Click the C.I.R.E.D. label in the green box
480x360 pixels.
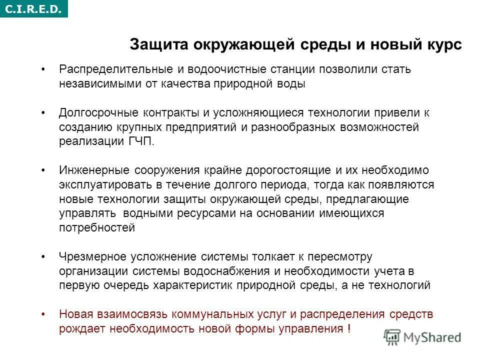pos(34,8)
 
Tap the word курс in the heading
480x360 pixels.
pos(440,44)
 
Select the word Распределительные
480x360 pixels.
pos(107,69)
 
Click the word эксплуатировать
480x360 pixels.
pos(101,185)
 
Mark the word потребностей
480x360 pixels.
pos(97,228)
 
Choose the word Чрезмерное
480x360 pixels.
pos(92,257)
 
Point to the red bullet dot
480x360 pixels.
pos(44,314)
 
